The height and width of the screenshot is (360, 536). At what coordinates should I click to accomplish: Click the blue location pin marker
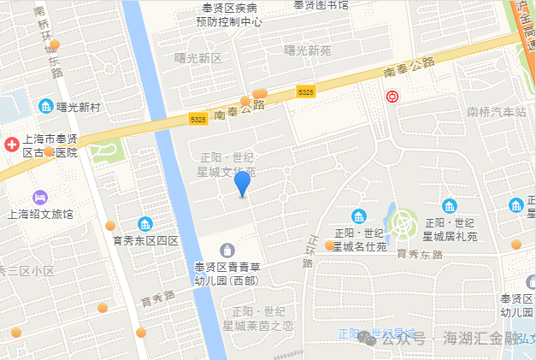[x=243, y=183]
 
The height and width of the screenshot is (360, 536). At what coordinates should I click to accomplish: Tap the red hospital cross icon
[x=12, y=145]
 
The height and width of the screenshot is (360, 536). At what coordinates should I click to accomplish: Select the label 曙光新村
[x=79, y=107]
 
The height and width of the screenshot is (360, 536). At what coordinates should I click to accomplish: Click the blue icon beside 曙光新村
[x=46, y=106]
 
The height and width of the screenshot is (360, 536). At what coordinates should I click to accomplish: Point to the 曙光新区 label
[x=197, y=58]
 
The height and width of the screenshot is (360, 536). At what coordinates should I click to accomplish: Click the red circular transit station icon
[x=392, y=97]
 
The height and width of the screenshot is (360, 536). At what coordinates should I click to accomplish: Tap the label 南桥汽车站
[x=497, y=112]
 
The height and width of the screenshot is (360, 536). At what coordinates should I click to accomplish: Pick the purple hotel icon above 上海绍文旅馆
[x=39, y=198]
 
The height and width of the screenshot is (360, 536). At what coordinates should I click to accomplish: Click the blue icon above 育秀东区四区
[x=145, y=224]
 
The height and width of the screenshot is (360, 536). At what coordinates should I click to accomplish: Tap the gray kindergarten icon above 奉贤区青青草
[x=227, y=250]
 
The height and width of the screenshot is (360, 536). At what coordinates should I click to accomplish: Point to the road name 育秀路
[x=157, y=299]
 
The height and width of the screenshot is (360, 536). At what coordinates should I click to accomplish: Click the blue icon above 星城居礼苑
[x=450, y=205]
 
